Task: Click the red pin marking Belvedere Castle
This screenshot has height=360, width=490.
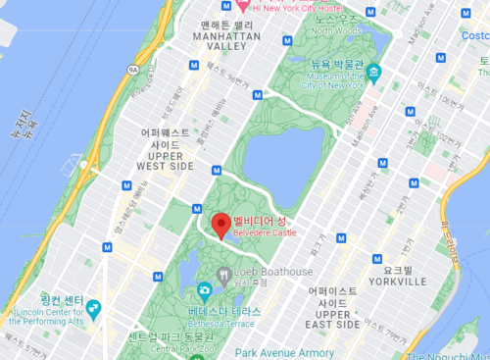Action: tap(221, 225)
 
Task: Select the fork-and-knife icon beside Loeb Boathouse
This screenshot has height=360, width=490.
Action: tap(224, 272)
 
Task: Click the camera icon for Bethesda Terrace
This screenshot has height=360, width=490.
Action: tap(204, 289)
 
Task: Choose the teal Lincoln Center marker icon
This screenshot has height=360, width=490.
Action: tap(94, 309)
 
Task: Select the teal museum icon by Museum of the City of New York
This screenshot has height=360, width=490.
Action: tap(373, 73)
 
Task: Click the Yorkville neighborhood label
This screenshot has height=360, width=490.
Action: tap(404, 275)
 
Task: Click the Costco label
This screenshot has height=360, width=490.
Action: tap(475, 33)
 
